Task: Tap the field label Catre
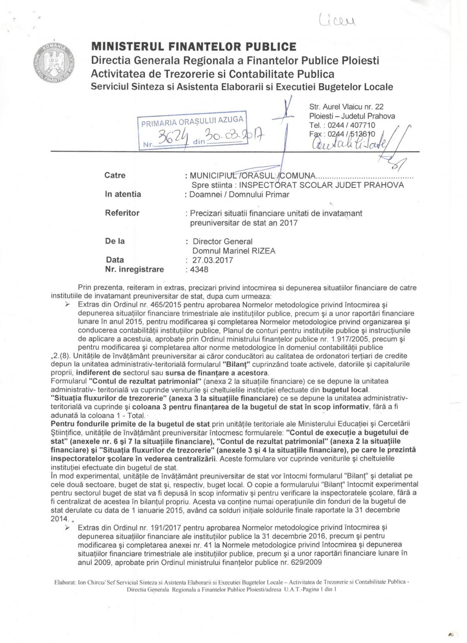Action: click(115, 175)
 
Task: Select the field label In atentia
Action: click(123, 194)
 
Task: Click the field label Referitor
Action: click(122, 213)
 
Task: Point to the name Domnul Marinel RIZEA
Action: click(234, 251)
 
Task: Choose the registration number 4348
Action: click(200, 270)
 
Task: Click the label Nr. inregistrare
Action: click(134, 269)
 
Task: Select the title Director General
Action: click(222, 242)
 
